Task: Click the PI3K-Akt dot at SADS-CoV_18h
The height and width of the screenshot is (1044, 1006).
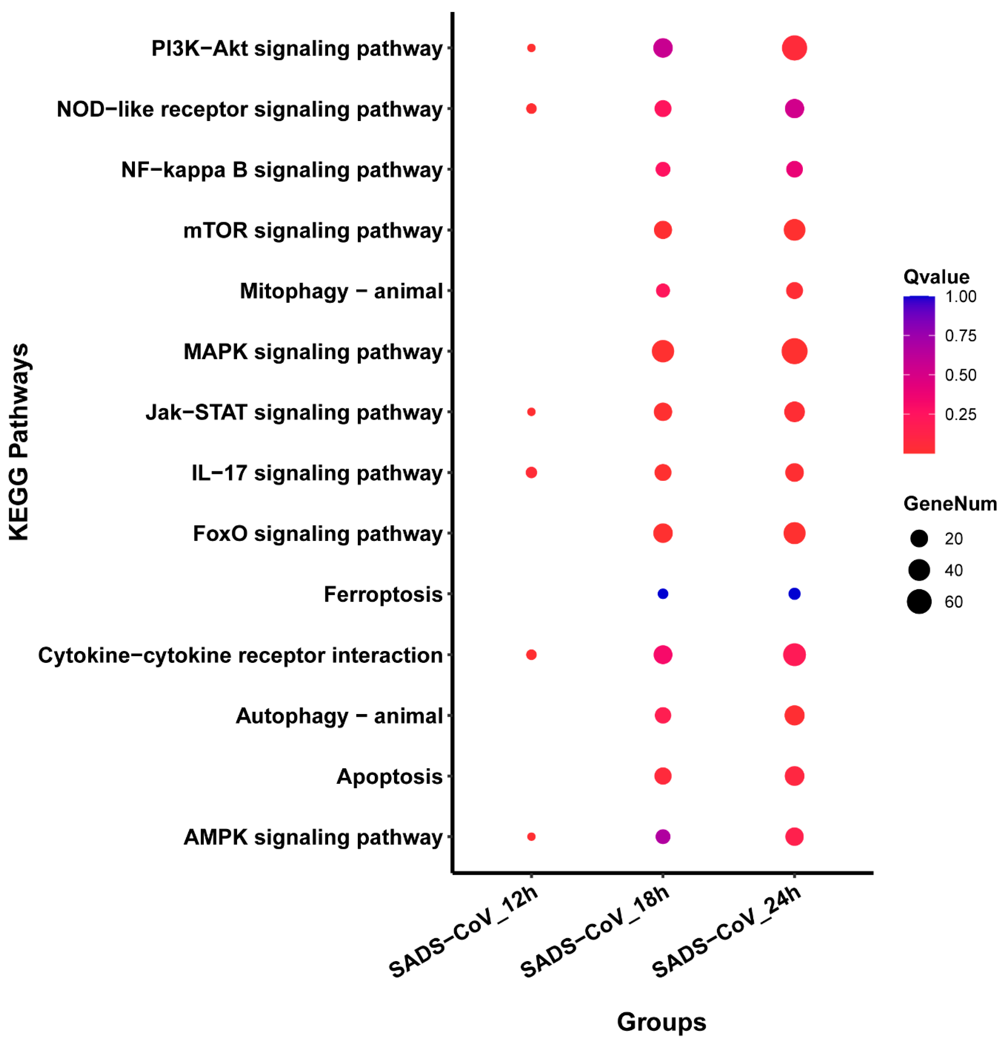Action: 663,48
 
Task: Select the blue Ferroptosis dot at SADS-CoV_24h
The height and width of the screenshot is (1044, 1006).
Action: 794,593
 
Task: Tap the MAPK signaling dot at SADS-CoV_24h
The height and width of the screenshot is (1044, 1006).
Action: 794,351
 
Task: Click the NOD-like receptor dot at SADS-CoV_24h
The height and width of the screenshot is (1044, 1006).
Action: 794,109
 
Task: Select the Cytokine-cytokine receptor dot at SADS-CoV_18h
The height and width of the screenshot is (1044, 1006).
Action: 663,655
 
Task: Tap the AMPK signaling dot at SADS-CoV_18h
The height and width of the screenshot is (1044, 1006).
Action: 663,837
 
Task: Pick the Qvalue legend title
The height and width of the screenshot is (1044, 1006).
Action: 936,277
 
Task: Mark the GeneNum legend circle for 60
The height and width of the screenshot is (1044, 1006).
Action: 919,602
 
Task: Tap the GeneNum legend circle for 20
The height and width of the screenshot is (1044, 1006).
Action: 919,538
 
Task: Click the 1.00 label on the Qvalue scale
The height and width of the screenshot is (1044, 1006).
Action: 960,297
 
